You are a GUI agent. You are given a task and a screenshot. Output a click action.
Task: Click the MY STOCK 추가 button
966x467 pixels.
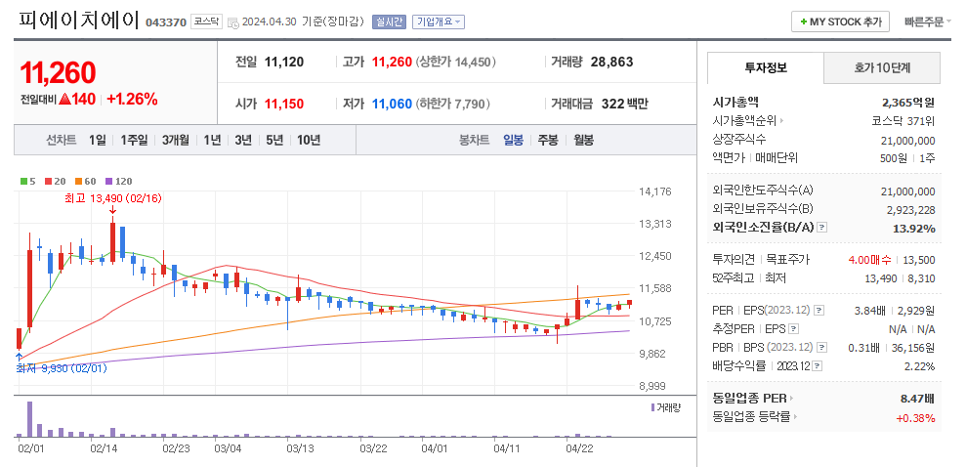click(x=840, y=21)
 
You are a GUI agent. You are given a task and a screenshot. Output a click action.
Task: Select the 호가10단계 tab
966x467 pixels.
click(x=882, y=67)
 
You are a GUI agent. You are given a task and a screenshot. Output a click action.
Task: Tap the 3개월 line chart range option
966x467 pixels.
click(x=176, y=140)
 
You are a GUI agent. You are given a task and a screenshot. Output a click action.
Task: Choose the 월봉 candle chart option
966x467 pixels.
click(x=583, y=140)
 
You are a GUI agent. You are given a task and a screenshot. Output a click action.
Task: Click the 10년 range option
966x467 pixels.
click(x=308, y=140)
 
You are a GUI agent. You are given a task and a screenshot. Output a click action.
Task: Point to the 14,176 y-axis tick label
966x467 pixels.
click(x=653, y=191)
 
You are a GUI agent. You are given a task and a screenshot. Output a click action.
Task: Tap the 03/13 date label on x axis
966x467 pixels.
click(x=300, y=448)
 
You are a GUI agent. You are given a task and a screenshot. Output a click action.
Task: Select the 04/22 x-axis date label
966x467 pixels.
click(x=580, y=448)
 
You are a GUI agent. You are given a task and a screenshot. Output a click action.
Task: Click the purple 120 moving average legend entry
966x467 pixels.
click(x=119, y=181)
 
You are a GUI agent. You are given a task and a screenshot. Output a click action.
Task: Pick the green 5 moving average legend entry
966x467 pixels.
click(x=28, y=181)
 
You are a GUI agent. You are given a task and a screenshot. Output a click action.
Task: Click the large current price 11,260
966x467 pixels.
click(x=59, y=72)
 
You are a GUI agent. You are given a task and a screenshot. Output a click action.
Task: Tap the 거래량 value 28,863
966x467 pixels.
click(x=612, y=62)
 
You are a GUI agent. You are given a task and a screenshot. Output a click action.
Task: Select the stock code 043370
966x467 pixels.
click(x=165, y=22)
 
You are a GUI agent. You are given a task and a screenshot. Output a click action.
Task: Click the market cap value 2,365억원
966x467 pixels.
click(x=907, y=102)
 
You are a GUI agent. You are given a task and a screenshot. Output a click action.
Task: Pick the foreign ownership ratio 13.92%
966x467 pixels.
click(x=915, y=229)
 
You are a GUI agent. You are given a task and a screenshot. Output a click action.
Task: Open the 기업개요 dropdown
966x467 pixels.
click(x=438, y=21)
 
